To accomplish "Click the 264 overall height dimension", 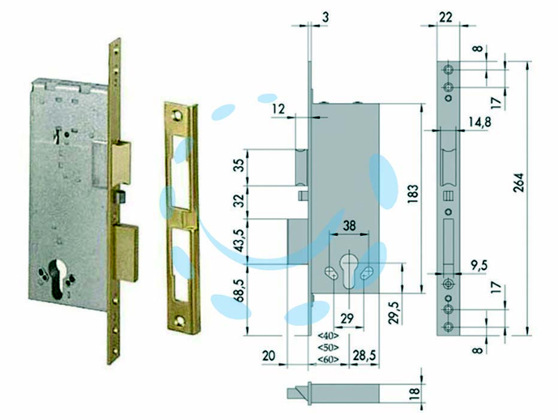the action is (520, 182).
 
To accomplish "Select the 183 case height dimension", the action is (413, 194).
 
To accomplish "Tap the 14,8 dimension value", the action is (479, 122).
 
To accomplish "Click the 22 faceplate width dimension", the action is (445, 17).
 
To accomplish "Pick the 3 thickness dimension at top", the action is (325, 17).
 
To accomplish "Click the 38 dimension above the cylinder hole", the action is (349, 225).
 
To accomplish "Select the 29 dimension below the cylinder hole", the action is (347, 318).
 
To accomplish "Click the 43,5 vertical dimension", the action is (241, 241).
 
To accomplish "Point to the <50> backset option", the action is (328, 347).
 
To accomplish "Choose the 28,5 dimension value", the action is (364, 355).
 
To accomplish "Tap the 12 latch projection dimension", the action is (278, 109).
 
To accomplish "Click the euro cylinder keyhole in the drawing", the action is (348, 271).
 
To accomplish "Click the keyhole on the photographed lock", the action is (56, 278).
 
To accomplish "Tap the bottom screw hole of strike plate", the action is (180, 322).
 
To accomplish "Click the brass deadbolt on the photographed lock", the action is (126, 253).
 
